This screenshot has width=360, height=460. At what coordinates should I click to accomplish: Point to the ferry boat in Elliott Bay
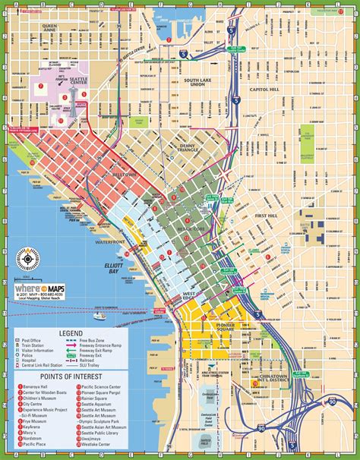click(x=99, y=295)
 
